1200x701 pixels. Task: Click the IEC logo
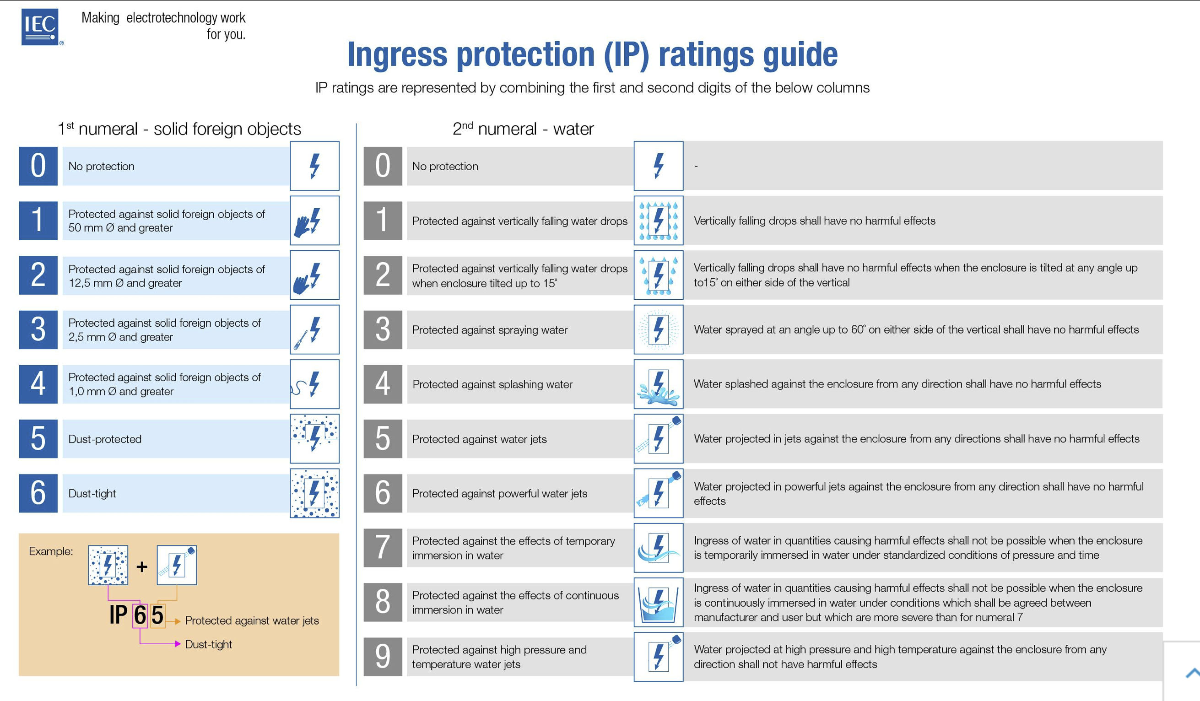point(40,27)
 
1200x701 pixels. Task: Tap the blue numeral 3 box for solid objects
point(38,329)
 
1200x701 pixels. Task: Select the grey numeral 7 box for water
point(383,548)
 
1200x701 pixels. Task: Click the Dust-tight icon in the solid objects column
point(314,493)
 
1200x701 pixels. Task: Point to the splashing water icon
point(658,384)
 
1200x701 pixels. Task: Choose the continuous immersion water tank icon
point(658,603)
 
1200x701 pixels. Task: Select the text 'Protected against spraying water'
point(490,330)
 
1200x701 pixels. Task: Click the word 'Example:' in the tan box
point(51,551)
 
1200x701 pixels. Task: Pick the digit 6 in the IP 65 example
point(140,615)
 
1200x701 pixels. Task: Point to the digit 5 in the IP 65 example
point(157,615)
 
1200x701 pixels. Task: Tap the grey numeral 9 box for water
point(383,657)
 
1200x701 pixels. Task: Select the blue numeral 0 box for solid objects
point(38,166)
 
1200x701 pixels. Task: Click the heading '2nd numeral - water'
point(523,129)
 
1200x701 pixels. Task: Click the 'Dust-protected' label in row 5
point(105,439)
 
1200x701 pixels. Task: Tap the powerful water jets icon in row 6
point(658,493)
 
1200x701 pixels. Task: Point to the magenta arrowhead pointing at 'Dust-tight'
point(178,644)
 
